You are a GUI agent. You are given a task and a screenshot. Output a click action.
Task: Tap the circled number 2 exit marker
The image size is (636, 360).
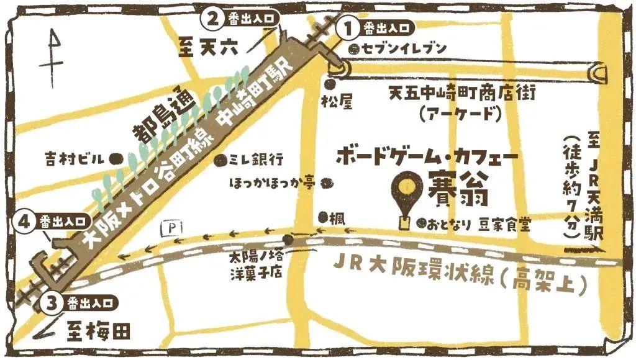[x=212, y=18]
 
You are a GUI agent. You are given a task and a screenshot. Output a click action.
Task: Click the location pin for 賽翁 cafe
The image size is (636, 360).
[x=407, y=187]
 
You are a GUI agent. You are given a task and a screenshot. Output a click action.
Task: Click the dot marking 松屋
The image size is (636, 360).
[x=329, y=84]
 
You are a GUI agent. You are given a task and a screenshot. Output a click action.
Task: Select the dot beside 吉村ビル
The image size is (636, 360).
[x=115, y=159]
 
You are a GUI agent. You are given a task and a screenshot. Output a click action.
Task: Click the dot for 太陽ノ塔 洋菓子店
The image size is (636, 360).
[x=288, y=240]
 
